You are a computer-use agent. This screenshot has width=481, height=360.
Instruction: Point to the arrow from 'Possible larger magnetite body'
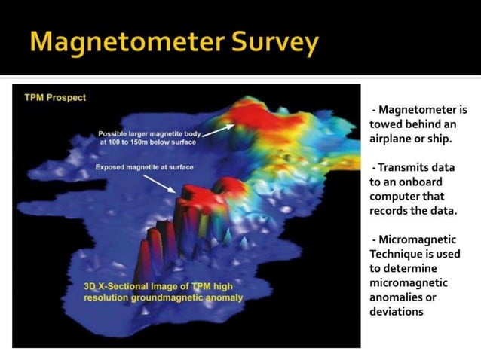pos(216,130)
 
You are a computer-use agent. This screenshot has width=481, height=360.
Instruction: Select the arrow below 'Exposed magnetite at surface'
pos(159,184)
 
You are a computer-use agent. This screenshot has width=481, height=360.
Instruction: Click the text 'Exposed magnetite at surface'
pos(144,167)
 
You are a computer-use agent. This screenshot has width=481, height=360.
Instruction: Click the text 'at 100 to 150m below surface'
pos(147,142)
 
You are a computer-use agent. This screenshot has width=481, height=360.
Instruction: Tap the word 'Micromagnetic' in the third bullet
pos(418,239)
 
